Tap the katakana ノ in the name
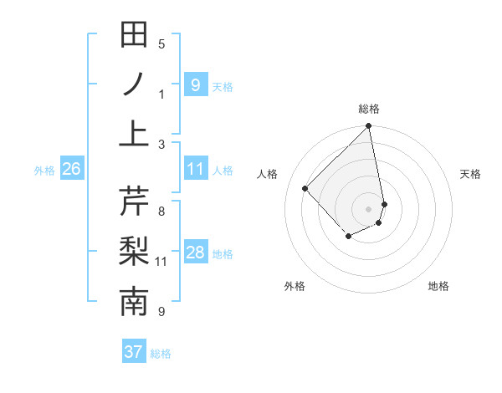[135, 84]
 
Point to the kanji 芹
[135, 201]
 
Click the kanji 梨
[135, 252]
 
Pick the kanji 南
[135, 302]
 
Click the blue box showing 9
[195, 84]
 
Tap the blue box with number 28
[195, 253]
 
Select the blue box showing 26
[71, 170]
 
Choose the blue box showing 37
[134, 352]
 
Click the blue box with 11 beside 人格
[195, 170]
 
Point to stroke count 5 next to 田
[161, 44]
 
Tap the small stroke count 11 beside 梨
[161, 262]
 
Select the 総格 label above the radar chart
[369, 109]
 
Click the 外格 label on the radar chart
[294, 287]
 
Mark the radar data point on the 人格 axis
[305, 188]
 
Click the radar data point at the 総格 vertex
[369, 127]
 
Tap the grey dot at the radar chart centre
[369, 208]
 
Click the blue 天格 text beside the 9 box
[223, 87]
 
